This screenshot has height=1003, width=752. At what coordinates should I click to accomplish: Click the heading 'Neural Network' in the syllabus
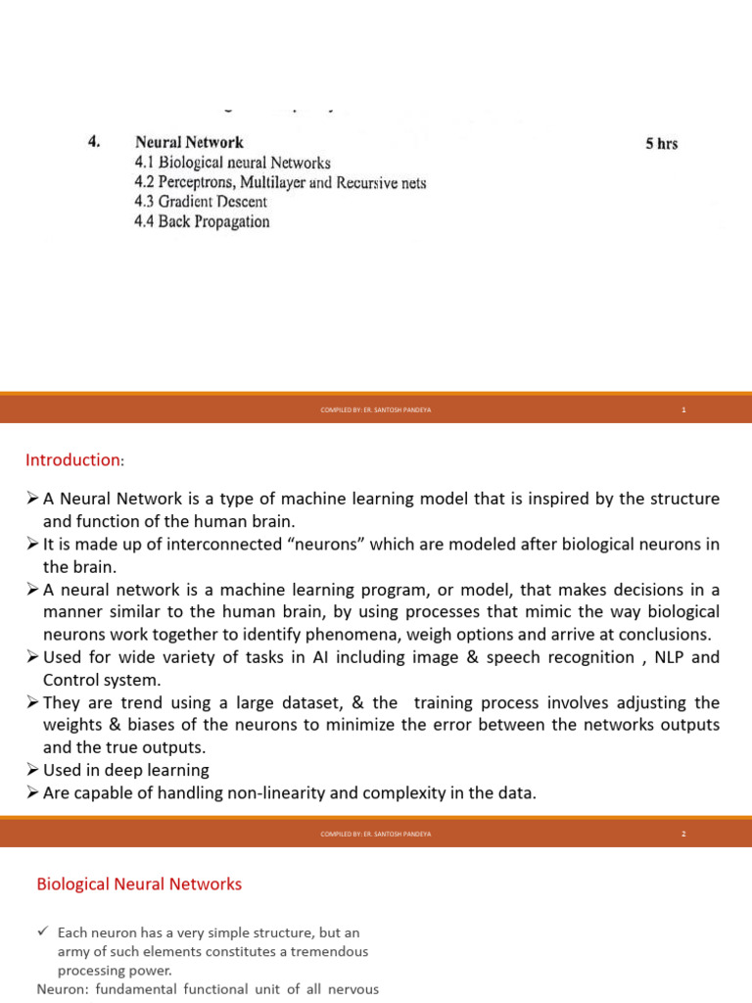tap(189, 142)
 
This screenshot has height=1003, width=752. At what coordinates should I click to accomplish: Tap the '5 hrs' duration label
tap(661, 144)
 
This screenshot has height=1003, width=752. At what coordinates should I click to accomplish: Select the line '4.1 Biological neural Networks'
tap(232, 163)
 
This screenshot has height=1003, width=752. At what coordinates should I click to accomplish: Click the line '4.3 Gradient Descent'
tap(200, 202)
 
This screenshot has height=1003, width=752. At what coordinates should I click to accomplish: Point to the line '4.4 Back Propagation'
tap(202, 221)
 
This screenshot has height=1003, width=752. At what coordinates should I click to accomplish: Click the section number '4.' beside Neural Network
tap(94, 142)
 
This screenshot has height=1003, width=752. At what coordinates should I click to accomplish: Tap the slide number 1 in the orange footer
tap(683, 409)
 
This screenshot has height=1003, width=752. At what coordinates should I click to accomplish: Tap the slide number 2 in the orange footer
tap(683, 834)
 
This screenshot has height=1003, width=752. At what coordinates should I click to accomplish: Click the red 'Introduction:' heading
tap(74, 459)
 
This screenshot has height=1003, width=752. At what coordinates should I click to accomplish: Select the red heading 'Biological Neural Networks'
tap(139, 884)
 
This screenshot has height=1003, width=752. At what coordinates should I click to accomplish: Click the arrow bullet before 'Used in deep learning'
tap(32, 771)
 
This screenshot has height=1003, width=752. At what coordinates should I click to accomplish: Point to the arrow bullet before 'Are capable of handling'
tap(32, 793)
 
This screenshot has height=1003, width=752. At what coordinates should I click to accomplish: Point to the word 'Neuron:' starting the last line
tap(62, 989)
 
